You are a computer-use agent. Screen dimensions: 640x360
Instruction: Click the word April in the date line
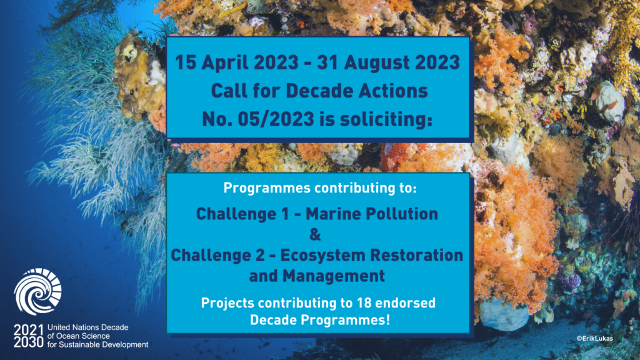(x=225, y=63)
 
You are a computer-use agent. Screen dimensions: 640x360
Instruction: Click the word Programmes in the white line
(x=267, y=188)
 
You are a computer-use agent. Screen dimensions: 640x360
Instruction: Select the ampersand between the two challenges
(x=315, y=235)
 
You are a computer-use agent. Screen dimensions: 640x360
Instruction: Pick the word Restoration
(x=417, y=255)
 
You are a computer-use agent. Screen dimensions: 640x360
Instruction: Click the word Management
(x=334, y=276)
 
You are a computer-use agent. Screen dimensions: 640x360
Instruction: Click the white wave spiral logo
(x=37, y=291)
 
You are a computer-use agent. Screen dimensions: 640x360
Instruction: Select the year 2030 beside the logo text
(x=28, y=342)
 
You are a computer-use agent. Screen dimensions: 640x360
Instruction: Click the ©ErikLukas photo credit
(x=594, y=338)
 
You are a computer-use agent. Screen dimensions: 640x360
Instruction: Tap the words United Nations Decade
(x=88, y=327)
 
